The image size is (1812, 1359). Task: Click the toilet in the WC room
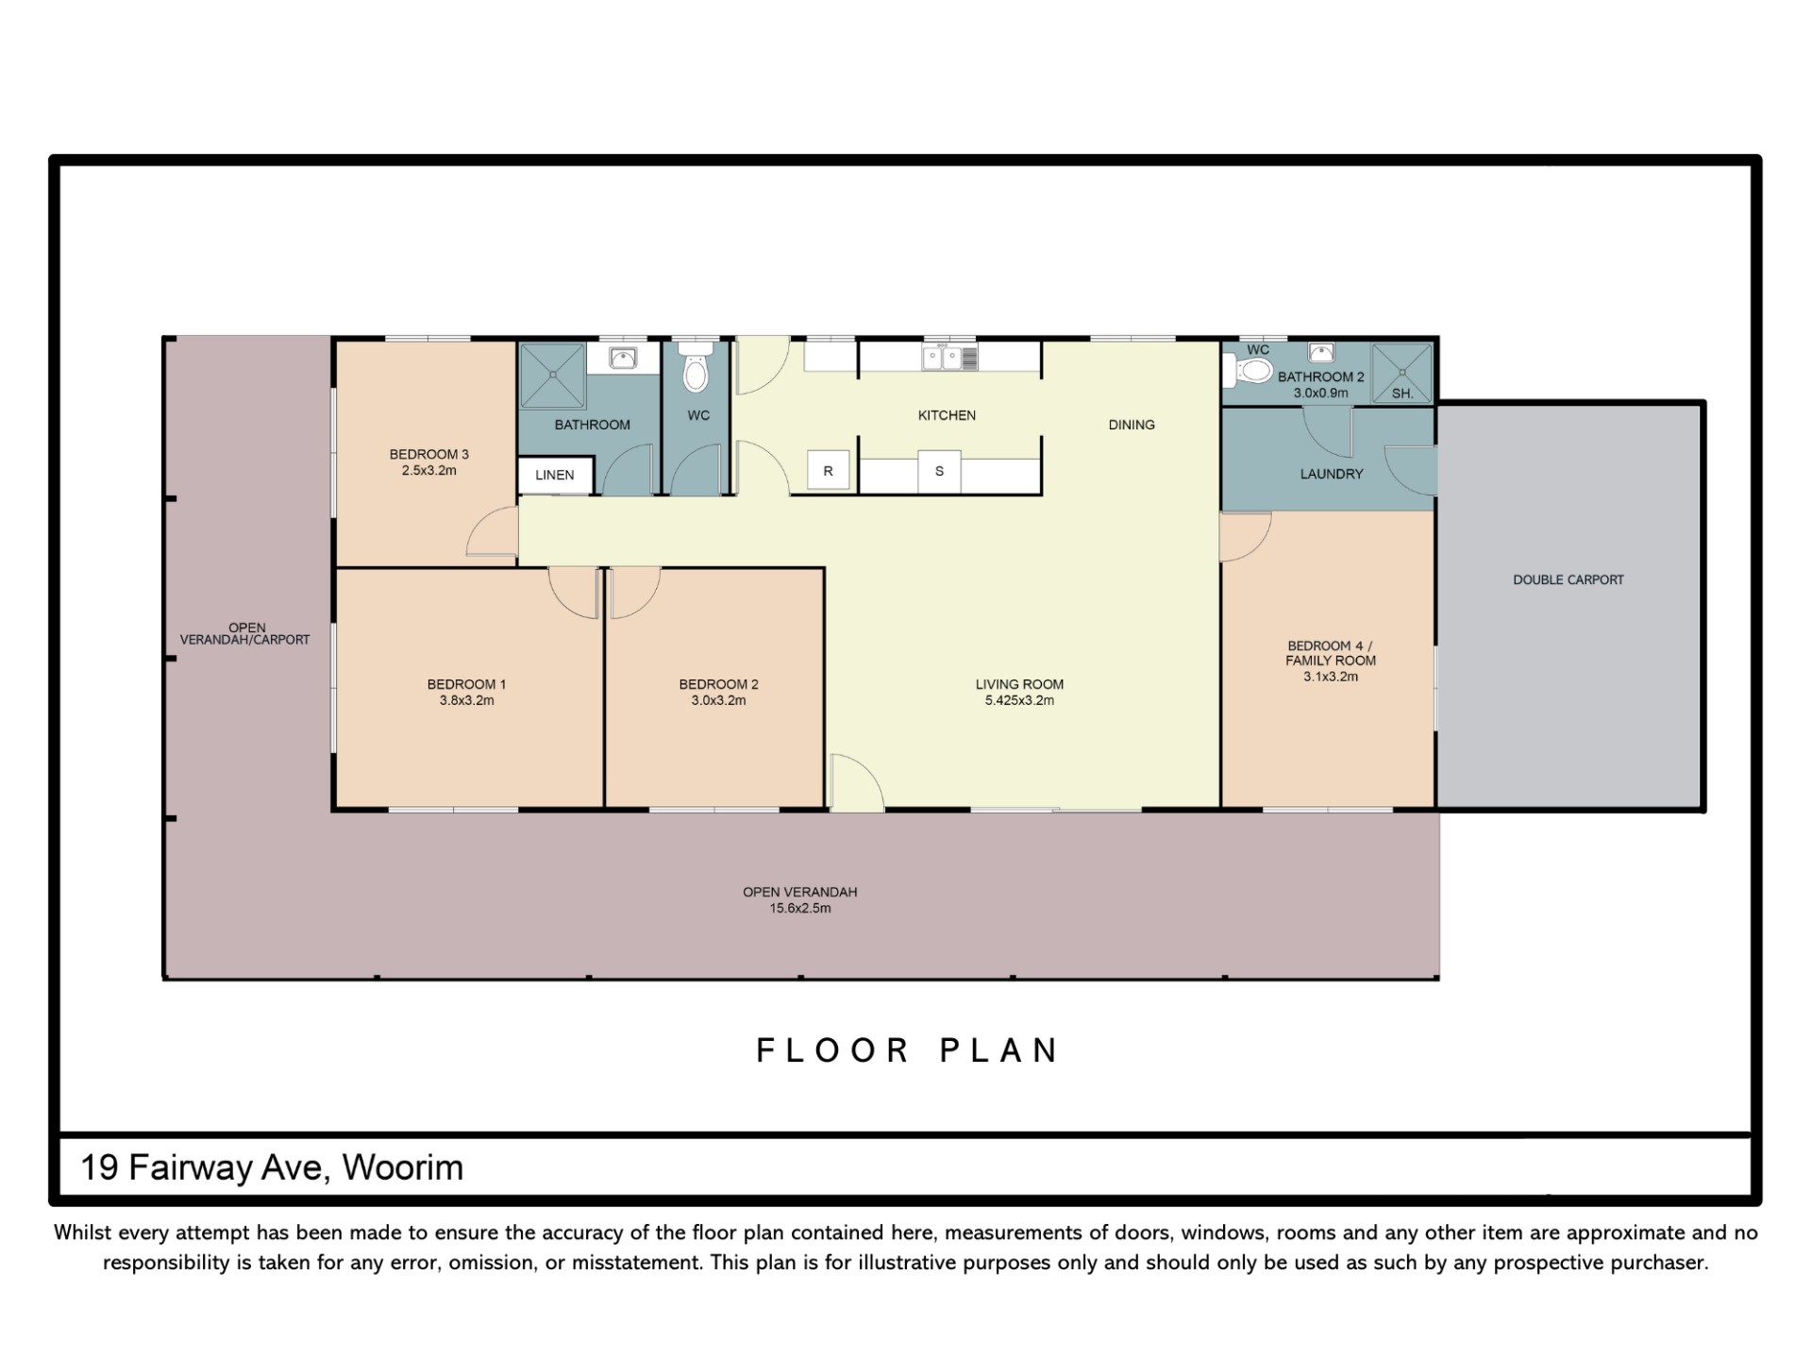click(x=696, y=366)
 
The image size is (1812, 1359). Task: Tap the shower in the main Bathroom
click(x=553, y=376)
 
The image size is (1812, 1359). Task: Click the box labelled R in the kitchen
click(x=829, y=471)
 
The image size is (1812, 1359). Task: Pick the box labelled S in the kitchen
click(x=939, y=471)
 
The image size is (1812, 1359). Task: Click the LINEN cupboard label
click(x=555, y=475)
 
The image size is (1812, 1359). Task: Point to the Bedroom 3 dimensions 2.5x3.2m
click(x=429, y=470)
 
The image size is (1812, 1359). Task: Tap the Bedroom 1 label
click(x=466, y=684)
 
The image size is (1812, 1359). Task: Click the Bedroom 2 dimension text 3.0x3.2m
click(x=718, y=700)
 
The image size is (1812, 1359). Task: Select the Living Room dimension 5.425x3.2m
click(x=1019, y=700)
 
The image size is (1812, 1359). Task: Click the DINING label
click(x=1132, y=425)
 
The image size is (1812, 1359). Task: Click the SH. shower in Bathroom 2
click(x=1402, y=373)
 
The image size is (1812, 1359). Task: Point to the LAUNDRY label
click(x=1332, y=474)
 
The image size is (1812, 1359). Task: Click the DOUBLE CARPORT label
click(x=1569, y=579)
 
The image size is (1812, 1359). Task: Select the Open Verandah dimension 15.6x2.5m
click(x=800, y=908)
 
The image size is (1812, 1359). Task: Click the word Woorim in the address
click(x=403, y=1167)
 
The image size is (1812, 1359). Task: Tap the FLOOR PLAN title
click(x=908, y=1050)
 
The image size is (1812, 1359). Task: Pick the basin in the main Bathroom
click(x=623, y=358)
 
